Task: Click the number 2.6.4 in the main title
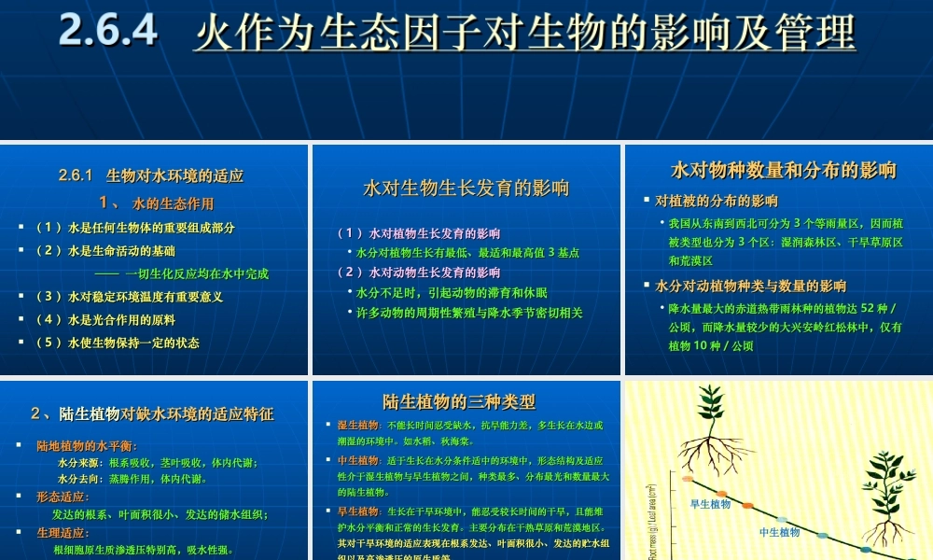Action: point(108,31)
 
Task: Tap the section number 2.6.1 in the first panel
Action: point(77,175)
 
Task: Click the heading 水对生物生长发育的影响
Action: point(466,189)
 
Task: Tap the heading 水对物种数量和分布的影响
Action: point(784,170)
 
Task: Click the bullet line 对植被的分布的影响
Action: point(717,201)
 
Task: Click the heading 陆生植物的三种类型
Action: point(459,402)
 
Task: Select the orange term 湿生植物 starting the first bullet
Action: point(355,426)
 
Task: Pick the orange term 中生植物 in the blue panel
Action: point(355,461)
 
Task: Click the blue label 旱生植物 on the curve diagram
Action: point(710,505)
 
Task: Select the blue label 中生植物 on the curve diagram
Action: point(779,532)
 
